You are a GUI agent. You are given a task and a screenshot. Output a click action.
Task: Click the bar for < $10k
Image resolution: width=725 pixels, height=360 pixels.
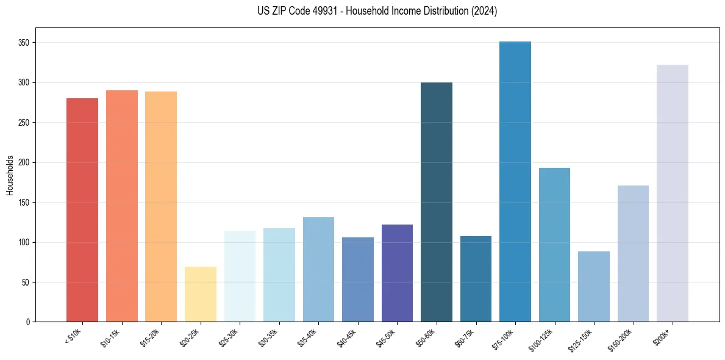pos(82,210)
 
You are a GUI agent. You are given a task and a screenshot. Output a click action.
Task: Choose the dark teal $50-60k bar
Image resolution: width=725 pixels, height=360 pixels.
pos(437,202)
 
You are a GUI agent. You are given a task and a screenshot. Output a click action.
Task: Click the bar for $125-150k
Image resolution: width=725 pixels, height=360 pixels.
pos(594,287)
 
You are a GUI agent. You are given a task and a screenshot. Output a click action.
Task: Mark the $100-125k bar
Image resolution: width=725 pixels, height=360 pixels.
pos(554,245)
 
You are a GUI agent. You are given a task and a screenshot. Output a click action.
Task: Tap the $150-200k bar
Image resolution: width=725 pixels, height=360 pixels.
pos(633,254)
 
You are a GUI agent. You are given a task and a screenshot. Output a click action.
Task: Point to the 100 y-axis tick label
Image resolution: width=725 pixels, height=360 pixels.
pos(24,242)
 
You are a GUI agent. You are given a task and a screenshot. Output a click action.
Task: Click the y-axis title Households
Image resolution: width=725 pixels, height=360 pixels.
pos(10,175)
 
